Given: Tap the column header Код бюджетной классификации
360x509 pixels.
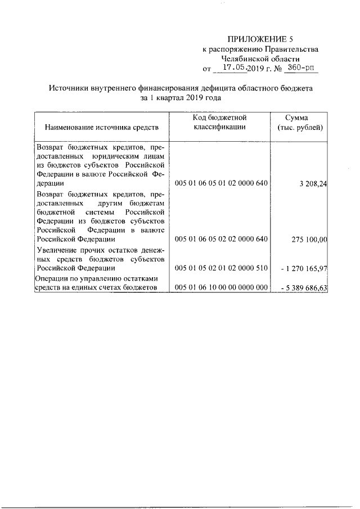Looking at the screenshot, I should pyautogui.click(x=220, y=123).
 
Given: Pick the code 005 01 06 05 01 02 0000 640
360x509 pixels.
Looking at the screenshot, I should pyautogui.click(x=221, y=183).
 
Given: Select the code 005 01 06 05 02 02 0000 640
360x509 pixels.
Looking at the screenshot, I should pyautogui.click(x=221, y=239).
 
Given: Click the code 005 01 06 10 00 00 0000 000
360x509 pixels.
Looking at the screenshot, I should pyautogui.click(x=221, y=288).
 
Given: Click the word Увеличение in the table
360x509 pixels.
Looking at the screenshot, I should pyautogui.click(x=56, y=250).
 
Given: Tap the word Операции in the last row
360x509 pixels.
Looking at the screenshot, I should pyautogui.click(x=53, y=278).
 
